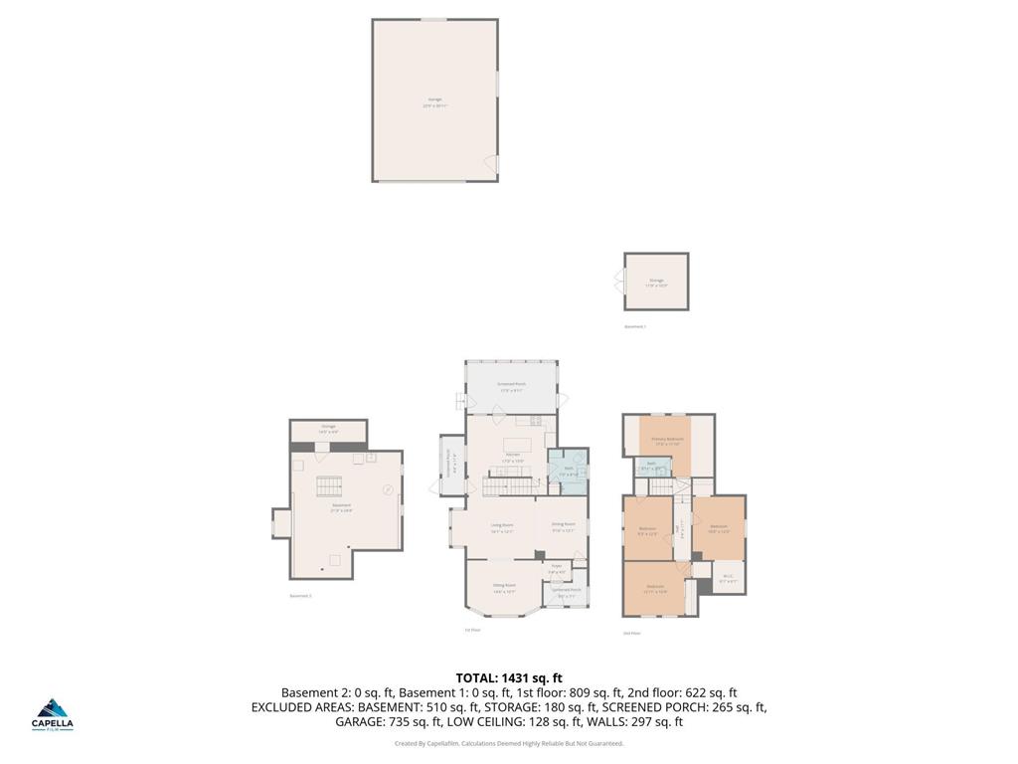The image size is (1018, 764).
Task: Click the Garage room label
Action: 434,100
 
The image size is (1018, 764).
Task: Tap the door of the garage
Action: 491,163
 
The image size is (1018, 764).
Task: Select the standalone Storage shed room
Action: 656,283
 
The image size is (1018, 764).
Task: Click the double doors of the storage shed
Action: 621,283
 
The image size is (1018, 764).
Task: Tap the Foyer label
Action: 557,569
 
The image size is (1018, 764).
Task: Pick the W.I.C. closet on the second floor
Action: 728,577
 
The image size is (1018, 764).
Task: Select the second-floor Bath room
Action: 651,465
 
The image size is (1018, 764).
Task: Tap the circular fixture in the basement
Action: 388,488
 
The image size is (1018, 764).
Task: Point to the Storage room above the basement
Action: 328,430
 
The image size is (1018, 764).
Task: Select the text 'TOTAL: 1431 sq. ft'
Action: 509,678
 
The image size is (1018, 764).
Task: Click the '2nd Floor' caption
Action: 631,633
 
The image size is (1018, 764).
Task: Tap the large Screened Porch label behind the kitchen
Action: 511,387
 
